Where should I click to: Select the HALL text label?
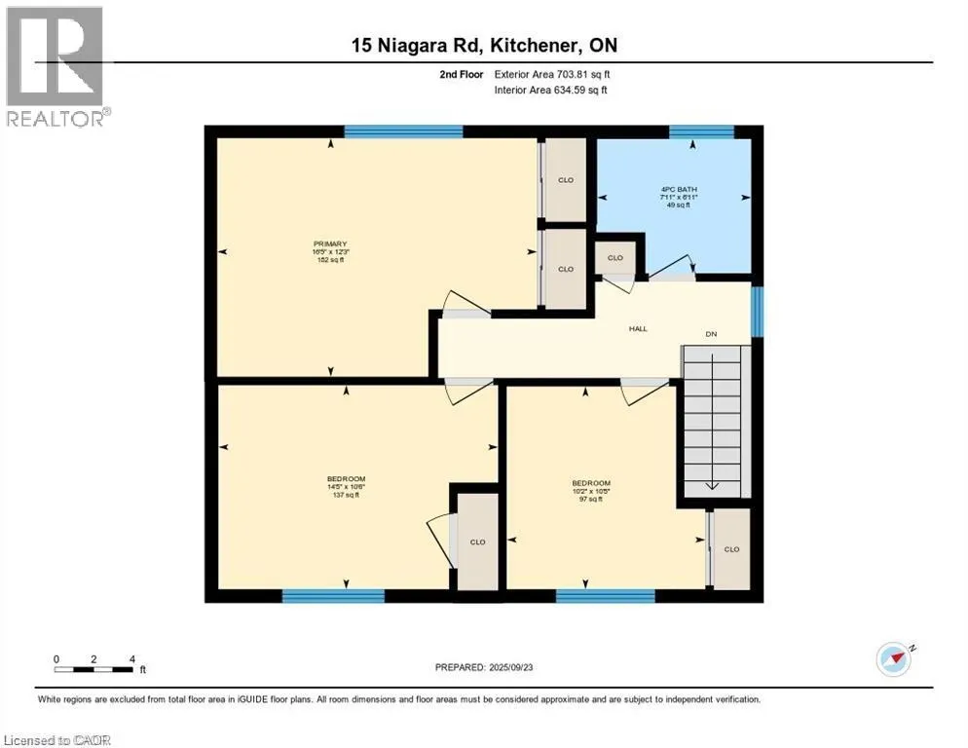coord(638,329)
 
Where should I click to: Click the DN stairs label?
coord(712,335)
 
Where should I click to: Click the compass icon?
coord(894,660)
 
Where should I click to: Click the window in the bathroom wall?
coord(701,131)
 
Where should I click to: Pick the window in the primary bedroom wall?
coord(403,131)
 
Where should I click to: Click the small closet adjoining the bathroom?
coord(615,258)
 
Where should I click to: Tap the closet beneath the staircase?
coord(732,549)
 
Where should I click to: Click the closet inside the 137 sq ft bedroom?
coord(478,542)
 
